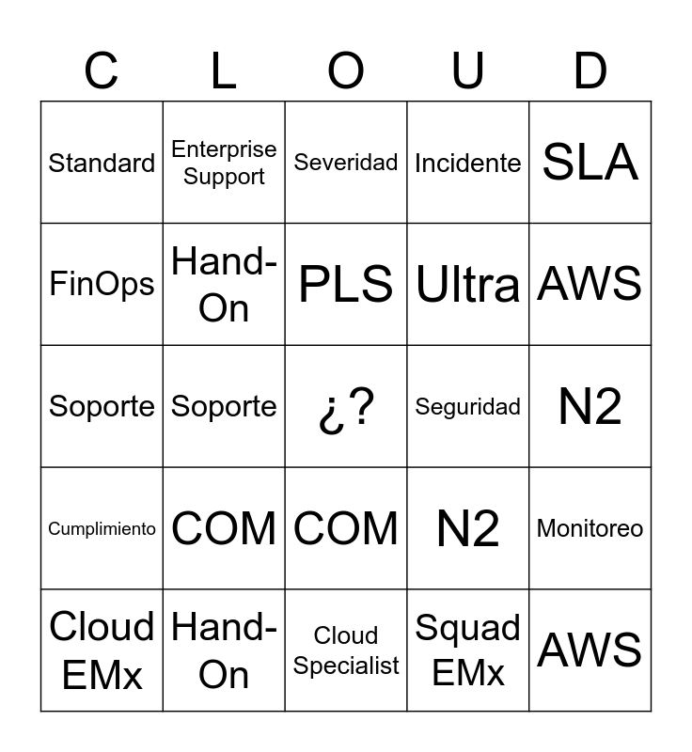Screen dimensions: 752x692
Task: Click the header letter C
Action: pyautogui.click(x=102, y=70)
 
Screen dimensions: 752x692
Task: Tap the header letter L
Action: pyautogui.click(x=224, y=70)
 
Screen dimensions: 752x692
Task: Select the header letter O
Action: pyautogui.click(x=346, y=70)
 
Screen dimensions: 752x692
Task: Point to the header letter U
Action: pyautogui.click(x=468, y=70)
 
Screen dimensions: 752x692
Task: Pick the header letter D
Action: pyautogui.click(x=590, y=70)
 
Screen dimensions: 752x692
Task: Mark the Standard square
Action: pyautogui.click(x=102, y=163)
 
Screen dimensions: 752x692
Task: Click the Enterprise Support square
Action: pyautogui.click(x=224, y=163)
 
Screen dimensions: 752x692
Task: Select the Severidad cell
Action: pyautogui.click(x=346, y=163)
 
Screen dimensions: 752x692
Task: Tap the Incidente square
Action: pyautogui.click(x=468, y=163)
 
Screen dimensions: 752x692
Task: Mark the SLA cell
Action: pyautogui.click(x=590, y=163)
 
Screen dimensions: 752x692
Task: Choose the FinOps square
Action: pyautogui.click(x=102, y=284)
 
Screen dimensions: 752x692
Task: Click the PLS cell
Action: pyautogui.click(x=346, y=284)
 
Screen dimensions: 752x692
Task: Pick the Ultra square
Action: pyautogui.click(x=468, y=284)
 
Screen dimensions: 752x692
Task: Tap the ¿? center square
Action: pyautogui.click(x=346, y=406)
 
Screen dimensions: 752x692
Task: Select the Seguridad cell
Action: pyautogui.click(x=468, y=406)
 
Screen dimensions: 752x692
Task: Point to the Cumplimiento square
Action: pyautogui.click(x=102, y=528)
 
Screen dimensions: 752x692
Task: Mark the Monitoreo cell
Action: pyautogui.click(x=590, y=528)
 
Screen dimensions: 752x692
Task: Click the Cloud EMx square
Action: pyautogui.click(x=102, y=650)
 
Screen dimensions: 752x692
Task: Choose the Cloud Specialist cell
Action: pyautogui.click(x=346, y=650)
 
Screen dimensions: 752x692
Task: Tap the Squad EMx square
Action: pyautogui.click(x=468, y=650)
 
